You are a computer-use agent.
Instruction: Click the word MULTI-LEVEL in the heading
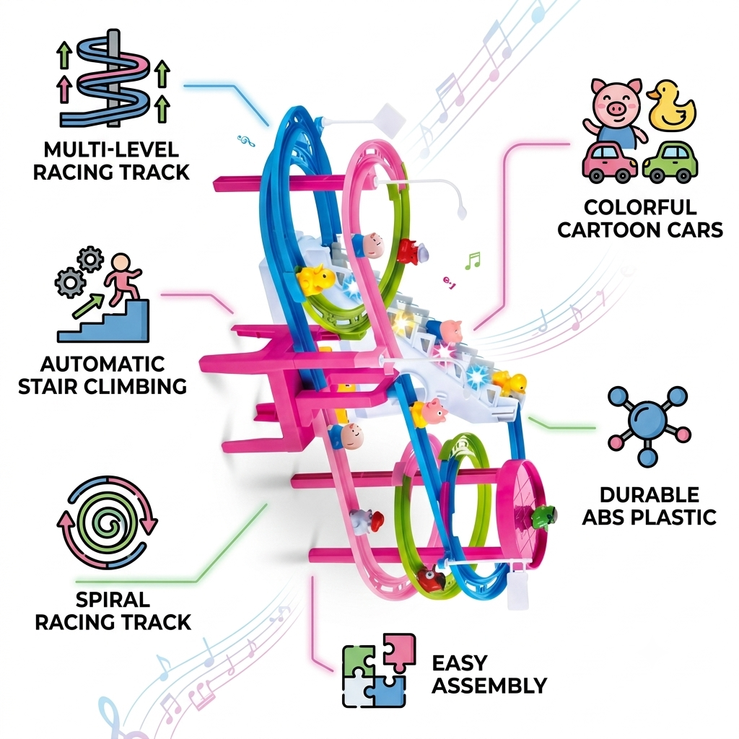[x=111, y=150]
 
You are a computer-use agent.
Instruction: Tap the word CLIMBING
[x=136, y=387]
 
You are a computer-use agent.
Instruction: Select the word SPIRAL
[x=113, y=600]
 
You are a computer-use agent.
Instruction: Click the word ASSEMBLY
[x=489, y=686]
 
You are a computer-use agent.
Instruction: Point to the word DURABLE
[x=650, y=495]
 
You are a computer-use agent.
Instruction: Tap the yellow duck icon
[x=671, y=105]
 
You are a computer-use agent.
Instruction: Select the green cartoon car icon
[x=670, y=162]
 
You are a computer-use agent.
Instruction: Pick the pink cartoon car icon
[x=610, y=162]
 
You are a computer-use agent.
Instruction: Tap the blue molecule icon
[x=649, y=426]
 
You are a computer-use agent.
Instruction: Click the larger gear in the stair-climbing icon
[x=70, y=282]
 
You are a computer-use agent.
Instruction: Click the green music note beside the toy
[x=472, y=261]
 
